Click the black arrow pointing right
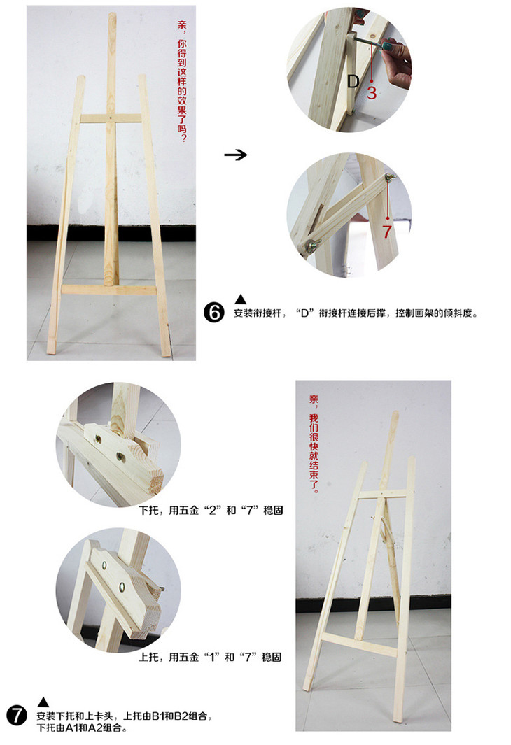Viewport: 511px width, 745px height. click(236, 155)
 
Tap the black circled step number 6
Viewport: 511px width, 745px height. click(214, 313)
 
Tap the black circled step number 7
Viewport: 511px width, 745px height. click(17, 715)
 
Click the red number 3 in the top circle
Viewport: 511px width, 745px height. click(372, 92)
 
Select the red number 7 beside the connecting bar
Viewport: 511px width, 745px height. click(387, 232)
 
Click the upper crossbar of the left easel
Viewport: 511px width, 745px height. click(111, 118)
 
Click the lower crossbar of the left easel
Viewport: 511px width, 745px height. click(109, 290)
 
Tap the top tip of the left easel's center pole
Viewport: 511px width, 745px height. click(112, 14)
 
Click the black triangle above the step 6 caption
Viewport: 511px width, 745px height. click(241, 299)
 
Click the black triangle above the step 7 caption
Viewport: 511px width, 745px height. click(43, 702)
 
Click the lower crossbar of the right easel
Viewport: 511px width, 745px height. click(360, 644)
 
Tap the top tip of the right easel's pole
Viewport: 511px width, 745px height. click(395, 414)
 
